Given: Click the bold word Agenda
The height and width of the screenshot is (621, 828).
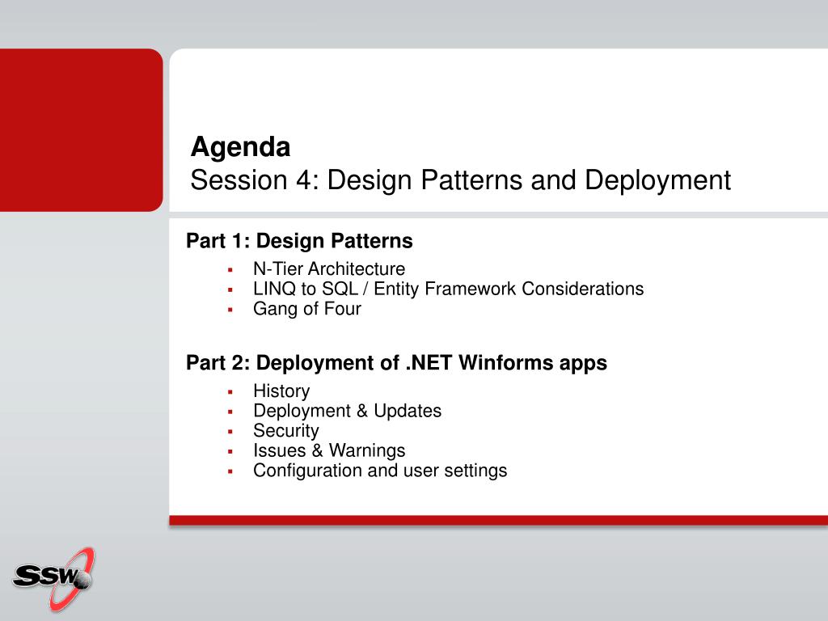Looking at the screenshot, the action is pyautogui.click(x=240, y=148).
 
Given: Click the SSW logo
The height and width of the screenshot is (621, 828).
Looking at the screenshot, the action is pyautogui.click(x=53, y=579).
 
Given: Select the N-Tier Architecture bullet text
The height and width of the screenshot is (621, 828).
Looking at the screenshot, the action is pyautogui.click(x=329, y=268).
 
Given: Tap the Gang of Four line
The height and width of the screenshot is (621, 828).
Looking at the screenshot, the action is pyautogui.click(x=306, y=309).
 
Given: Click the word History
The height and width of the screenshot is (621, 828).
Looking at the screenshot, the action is pyautogui.click(x=281, y=391).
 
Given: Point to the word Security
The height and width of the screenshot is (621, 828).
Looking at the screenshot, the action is pyautogui.click(x=285, y=431).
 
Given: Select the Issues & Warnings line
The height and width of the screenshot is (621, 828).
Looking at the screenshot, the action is pyautogui.click(x=329, y=450).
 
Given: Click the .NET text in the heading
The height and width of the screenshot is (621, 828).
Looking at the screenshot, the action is pyautogui.click(x=429, y=363).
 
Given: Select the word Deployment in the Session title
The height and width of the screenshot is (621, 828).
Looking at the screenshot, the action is pyautogui.click(x=657, y=181).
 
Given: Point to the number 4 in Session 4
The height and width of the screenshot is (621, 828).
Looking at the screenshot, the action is pyautogui.click(x=304, y=180).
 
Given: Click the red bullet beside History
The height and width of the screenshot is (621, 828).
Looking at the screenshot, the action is pyautogui.click(x=230, y=392).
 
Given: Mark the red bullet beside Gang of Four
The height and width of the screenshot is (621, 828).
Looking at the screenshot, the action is pyautogui.click(x=230, y=310).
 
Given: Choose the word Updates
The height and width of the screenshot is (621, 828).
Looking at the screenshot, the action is pyautogui.click(x=408, y=412).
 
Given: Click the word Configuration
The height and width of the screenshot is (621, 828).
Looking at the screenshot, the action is pyautogui.click(x=307, y=471).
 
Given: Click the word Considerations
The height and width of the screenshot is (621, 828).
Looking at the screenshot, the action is pyautogui.click(x=582, y=289).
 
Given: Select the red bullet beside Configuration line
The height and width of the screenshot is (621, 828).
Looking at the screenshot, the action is pyautogui.click(x=230, y=471).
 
